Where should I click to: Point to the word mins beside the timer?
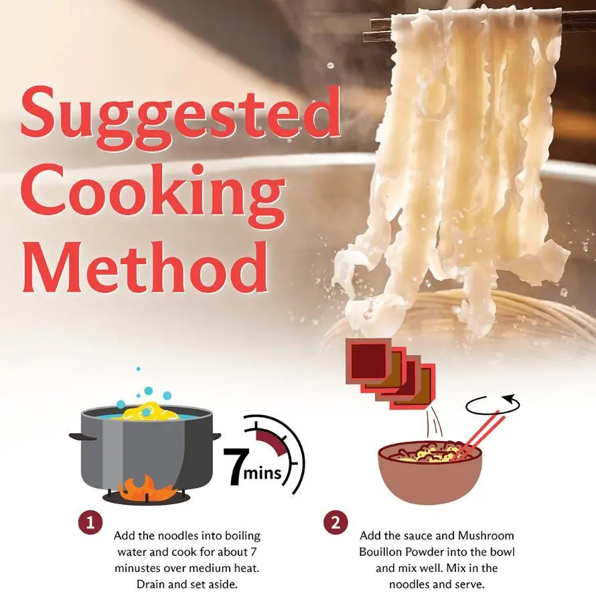[263, 473]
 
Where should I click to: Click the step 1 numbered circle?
[90, 522]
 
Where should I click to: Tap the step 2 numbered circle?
[336, 523]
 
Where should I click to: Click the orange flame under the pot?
[147, 489]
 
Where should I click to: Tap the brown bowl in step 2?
[430, 475]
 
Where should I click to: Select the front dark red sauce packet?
[368, 361]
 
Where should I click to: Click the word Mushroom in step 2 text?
[486, 536]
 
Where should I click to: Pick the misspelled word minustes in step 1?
[139, 568]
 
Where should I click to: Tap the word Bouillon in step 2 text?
[381, 552]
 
